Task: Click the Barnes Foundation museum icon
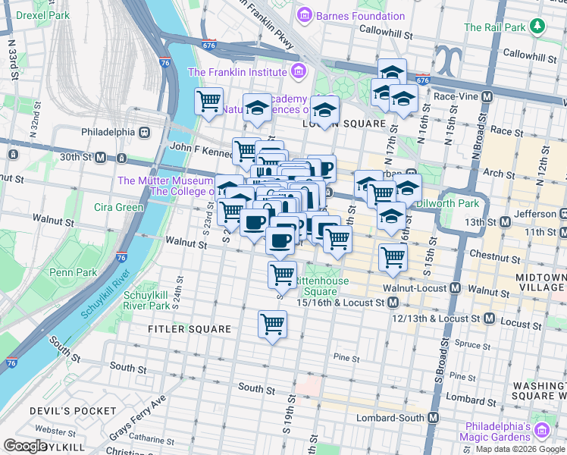click(305, 15)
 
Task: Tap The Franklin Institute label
click(237, 72)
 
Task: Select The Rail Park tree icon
click(538, 27)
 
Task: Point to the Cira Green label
click(118, 207)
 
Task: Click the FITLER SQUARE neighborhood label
click(190, 329)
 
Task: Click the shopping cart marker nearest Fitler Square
click(272, 324)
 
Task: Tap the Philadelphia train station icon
click(144, 131)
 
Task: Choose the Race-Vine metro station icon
click(487, 96)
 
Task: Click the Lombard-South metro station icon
click(434, 418)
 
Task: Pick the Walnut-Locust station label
click(412, 288)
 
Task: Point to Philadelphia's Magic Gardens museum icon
click(541, 431)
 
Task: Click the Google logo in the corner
click(25, 446)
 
